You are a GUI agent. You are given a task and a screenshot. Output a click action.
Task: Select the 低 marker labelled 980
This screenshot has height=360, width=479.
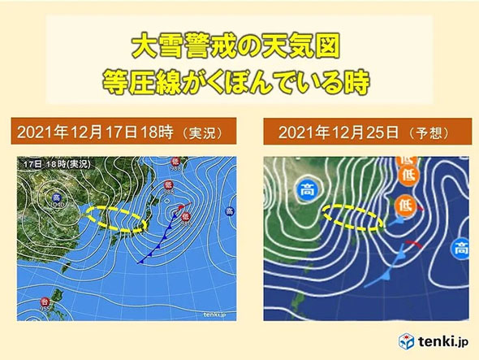(185, 217)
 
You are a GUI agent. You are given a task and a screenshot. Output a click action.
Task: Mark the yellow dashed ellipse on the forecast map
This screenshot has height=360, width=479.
(352, 217)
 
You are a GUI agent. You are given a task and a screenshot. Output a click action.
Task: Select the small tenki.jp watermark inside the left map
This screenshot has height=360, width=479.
(211, 315)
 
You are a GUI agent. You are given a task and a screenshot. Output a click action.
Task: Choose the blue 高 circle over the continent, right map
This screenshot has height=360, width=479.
(307, 191)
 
